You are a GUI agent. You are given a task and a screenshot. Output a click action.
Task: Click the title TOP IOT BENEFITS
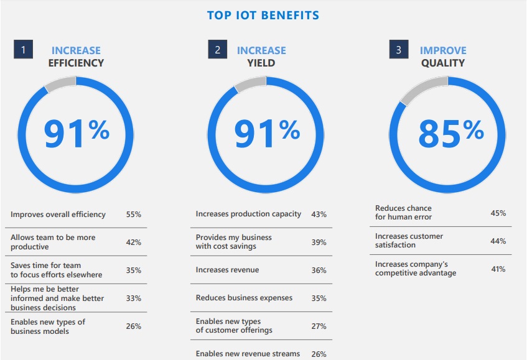click(263, 15)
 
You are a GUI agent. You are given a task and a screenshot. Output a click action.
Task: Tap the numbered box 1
click(23, 50)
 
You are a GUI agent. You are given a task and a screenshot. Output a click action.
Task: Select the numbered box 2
click(217, 50)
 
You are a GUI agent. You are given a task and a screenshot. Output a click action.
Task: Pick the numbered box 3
click(399, 50)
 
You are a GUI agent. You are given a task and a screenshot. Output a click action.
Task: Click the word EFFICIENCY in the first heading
click(76, 63)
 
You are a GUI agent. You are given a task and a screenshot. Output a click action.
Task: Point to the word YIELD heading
click(261, 63)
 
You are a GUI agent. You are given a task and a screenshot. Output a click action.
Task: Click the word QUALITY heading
click(442, 63)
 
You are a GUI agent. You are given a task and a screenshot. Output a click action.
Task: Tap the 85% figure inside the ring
click(450, 131)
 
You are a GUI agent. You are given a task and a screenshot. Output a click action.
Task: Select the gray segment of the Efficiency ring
click(60, 83)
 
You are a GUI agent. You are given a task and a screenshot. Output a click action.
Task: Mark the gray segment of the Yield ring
click(250, 83)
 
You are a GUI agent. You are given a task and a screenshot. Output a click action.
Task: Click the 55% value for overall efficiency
click(133, 215)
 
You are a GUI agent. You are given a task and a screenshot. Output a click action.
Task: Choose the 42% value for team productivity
click(133, 242)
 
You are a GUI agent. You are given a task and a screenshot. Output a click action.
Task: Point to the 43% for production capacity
click(319, 215)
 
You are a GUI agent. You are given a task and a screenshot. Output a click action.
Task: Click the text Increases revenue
click(227, 270)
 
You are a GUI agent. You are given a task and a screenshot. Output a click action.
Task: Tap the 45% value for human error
click(498, 213)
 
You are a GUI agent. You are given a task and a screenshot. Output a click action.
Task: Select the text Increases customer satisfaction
click(409, 241)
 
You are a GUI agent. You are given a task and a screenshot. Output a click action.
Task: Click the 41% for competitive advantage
click(498, 269)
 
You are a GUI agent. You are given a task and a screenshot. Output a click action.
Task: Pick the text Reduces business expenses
click(244, 298)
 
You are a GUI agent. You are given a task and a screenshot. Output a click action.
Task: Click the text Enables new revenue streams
click(248, 354)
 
